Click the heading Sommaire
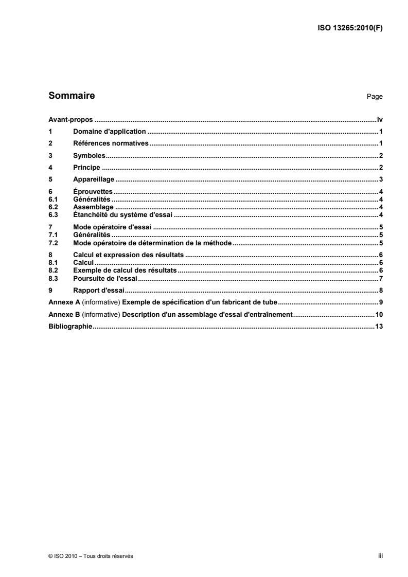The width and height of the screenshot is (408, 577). point(71,96)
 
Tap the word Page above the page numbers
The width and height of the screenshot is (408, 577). point(375,97)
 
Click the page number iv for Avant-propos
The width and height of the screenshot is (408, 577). point(380,119)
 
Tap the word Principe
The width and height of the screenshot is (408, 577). point(86,168)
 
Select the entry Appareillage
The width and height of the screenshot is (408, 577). point(94,179)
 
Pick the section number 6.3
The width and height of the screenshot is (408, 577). point(52,215)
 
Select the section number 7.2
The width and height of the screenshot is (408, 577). point(52,243)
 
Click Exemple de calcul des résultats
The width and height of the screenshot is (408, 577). point(125,270)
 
